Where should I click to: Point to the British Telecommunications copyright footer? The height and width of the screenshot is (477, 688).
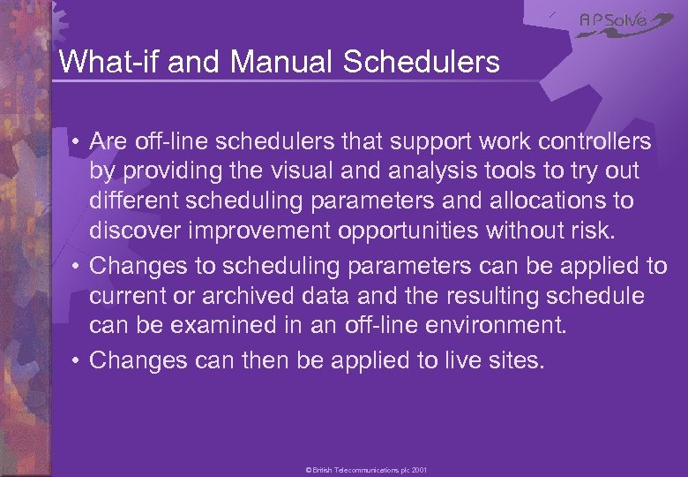(366, 471)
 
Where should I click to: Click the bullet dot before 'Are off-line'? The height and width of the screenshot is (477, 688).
(77, 142)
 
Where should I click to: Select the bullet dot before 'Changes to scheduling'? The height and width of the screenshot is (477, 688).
(77, 266)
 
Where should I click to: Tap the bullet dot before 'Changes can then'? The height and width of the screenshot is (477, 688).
(77, 360)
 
